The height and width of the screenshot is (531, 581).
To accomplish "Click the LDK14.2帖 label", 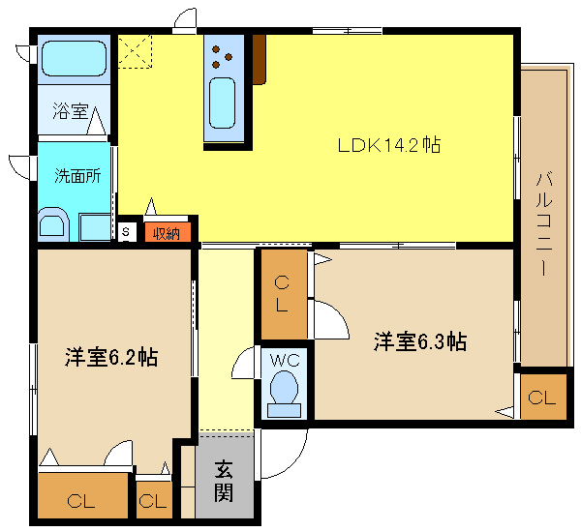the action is pos(389,145).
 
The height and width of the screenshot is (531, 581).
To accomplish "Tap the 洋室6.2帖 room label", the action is pos(111,357).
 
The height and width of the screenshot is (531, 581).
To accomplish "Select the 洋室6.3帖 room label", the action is pos(420,341).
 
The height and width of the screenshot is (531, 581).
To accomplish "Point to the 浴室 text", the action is pos(71,110).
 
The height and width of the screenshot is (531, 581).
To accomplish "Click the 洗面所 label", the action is pos(77,175).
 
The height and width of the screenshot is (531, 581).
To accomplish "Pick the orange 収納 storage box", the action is pos(168,232).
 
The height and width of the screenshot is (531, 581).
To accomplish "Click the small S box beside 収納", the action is pos(126,232).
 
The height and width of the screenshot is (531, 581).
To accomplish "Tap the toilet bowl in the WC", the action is pos(284,388).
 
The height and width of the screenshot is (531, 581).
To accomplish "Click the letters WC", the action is pos(285,360).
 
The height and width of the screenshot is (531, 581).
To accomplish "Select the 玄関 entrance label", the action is pos(224,481).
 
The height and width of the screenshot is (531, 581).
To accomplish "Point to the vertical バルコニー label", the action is pos(544,224).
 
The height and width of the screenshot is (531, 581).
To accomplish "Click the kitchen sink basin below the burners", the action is pos(222,103).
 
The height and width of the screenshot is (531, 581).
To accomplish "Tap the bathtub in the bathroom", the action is pos(75,58).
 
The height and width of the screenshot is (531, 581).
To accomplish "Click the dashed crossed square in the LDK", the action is pos(135,51).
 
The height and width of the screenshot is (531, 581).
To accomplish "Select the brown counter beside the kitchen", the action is pos(259,59).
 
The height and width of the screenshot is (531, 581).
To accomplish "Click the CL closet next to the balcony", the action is pos(543,397).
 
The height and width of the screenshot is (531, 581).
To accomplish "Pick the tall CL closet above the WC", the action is pos(284,294).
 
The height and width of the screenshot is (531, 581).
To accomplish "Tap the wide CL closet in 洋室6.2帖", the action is pos(83,496).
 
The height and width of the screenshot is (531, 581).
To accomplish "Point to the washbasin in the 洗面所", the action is pos(53,223).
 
